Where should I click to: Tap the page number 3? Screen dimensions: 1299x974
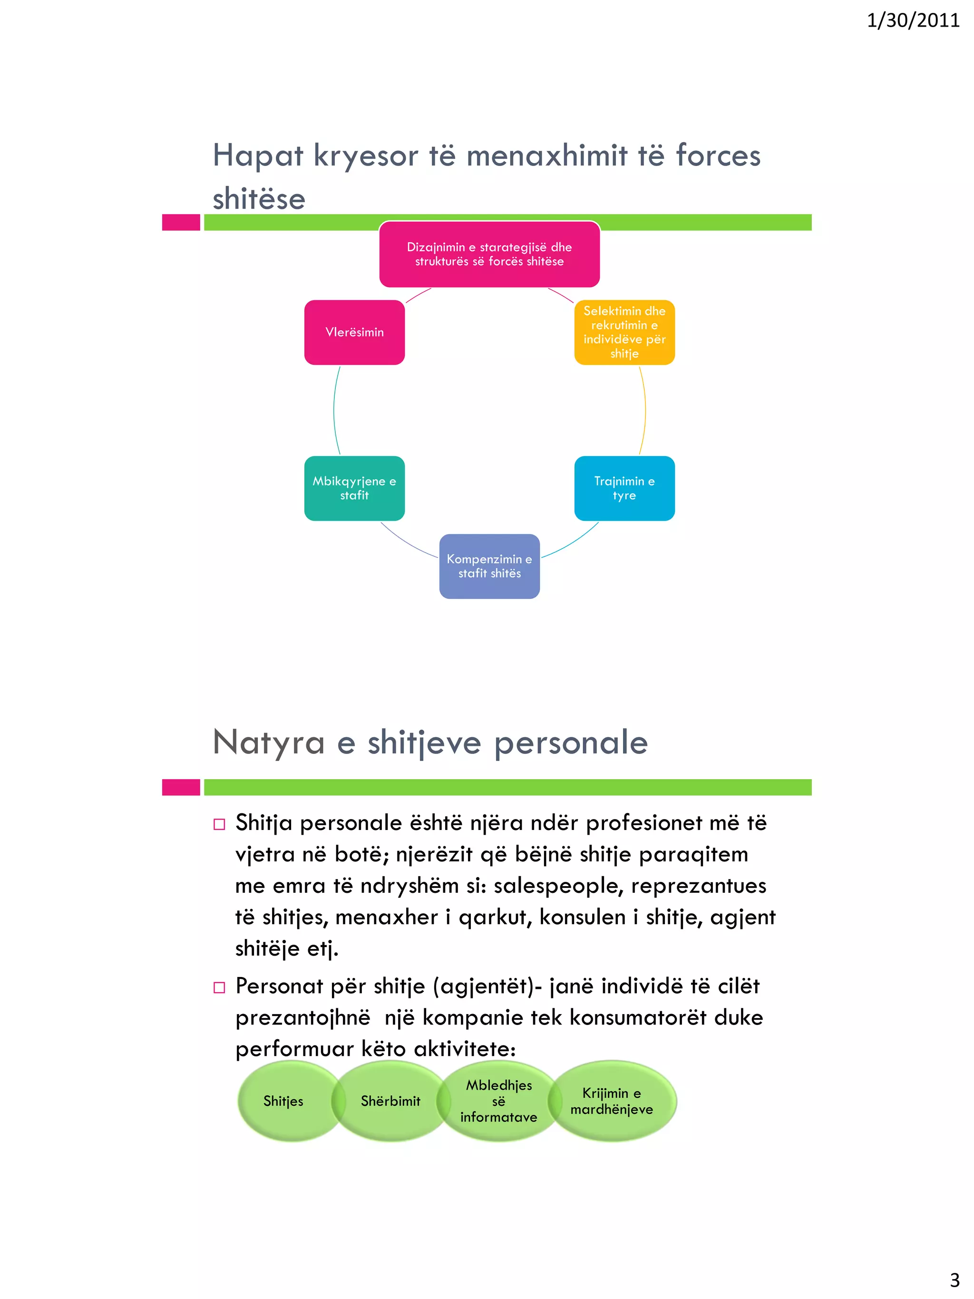[x=955, y=1279]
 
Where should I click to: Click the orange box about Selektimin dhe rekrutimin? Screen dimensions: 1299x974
[x=624, y=332]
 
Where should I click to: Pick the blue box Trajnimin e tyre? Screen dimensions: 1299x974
[x=624, y=488]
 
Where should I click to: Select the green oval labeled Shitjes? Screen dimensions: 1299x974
[x=283, y=1101]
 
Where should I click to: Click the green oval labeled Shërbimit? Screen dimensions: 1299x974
[x=390, y=1101]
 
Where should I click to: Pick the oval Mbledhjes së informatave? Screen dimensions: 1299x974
[x=498, y=1101]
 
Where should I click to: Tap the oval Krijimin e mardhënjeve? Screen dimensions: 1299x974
[x=612, y=1101]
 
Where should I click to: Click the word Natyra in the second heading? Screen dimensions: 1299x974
[x=268, y=742]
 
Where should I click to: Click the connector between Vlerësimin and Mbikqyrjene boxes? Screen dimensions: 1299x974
[x=334, y=410]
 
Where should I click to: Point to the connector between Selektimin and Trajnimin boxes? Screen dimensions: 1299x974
[x=645, y=410]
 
